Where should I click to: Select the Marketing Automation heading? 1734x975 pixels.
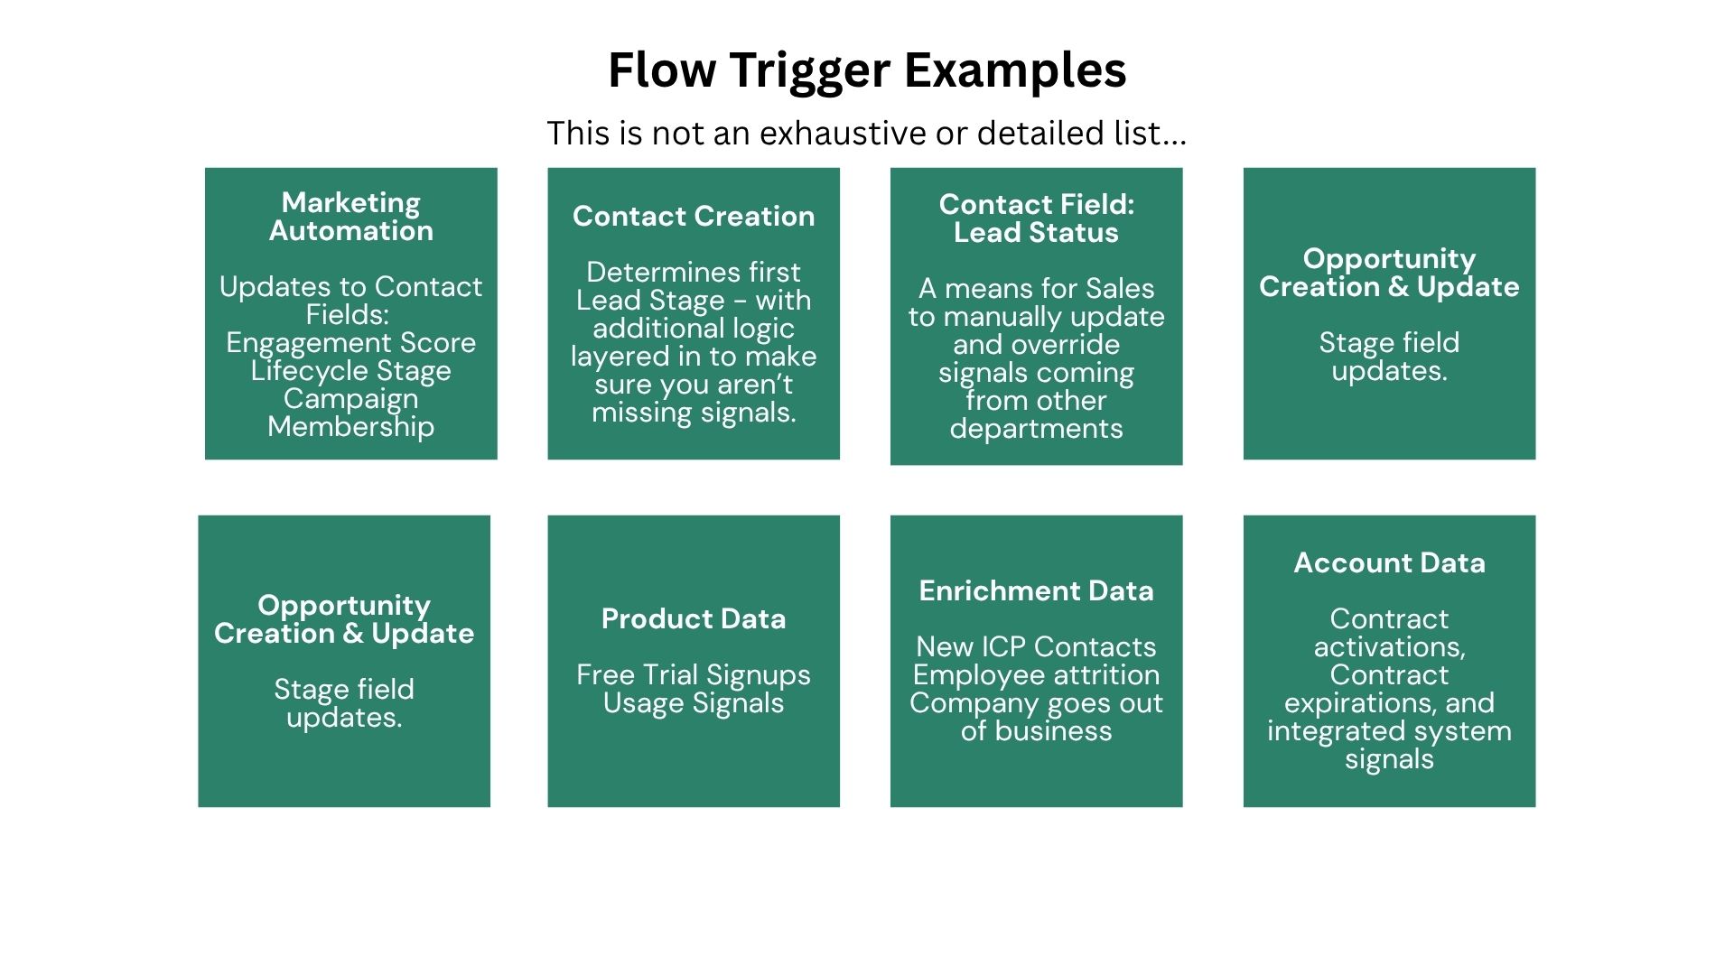tap(351, 217)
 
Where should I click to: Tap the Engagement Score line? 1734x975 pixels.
tap(351, 343)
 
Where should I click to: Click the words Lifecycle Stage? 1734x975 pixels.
tap(351, 371)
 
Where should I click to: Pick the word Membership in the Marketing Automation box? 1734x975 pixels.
tap(351, 426)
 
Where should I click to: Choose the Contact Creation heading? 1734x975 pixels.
tap(694, 217)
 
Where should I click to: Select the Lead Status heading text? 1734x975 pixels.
tap(1036, 233)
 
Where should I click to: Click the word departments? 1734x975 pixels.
tap(1036, 429)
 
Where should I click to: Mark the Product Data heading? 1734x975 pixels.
tap(694, 619)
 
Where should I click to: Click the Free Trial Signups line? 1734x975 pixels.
tap(694, 675)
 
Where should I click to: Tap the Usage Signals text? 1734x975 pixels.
tap(694, 703)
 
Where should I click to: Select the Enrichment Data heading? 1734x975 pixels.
tap(1036, 591)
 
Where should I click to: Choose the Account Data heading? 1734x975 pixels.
tap(1389, 563)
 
